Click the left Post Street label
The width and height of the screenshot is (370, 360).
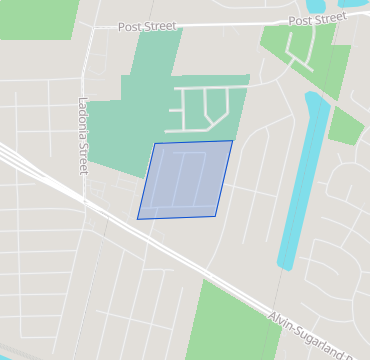(x=146, y=26)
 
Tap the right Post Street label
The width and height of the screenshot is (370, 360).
(x=317, y=20)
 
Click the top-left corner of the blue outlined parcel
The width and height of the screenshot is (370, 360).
(x=154, y=143)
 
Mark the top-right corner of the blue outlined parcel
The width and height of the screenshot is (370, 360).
(x=232, y=141)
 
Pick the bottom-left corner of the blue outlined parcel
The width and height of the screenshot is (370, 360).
(x=138, y=218)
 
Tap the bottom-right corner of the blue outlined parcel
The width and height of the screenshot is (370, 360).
(x=215, y=215)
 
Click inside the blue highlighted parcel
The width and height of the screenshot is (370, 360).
(x=185, y=180)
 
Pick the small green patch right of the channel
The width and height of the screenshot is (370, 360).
(x=346, y=126)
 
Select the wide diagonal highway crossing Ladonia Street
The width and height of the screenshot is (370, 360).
(x=60, y=186)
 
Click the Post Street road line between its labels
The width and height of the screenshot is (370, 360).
(x=230, y=23)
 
